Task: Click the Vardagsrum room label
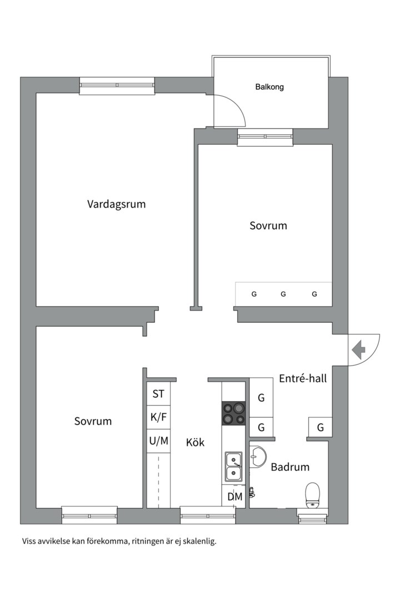(x=116, y=204)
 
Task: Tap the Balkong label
(x=269, y=87)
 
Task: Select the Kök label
(x=195, y=442)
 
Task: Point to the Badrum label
(x=290, y=467)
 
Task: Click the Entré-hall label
(x=303, y=379)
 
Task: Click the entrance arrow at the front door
(x=358, y=349)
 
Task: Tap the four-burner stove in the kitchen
(x=233, y=413)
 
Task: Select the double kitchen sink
(x=233, y=467)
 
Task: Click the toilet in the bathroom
(x=313, y=495)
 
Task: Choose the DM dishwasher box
(x=234, y=497)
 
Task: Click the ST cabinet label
(x=158, y=393)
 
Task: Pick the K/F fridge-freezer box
(x=158, y=417)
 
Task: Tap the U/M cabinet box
(x=158, y=441)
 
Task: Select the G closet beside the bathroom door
(x=321, y=427)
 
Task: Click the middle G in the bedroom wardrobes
(x=283, y=294)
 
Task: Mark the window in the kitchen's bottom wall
(x=208, y=515)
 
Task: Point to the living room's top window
(x=117, y=86)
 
